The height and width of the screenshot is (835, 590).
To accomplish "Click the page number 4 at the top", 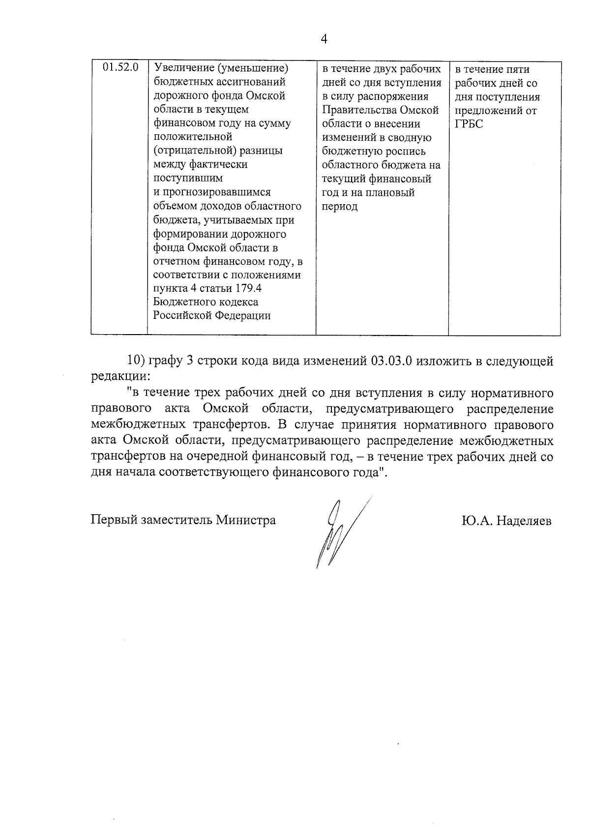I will click(x=324, y=39).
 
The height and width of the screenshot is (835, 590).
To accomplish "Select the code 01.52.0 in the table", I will click(x=120, y=67).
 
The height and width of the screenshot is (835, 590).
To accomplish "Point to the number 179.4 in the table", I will click(x=251, y=288).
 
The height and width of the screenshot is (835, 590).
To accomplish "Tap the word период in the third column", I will click(x=339, y=207).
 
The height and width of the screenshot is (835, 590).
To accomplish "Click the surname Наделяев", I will click(x=524, y=521).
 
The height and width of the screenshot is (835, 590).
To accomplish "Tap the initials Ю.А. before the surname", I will click(x=477, y=521).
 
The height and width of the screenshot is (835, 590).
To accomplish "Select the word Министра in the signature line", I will click(x=247, y=520).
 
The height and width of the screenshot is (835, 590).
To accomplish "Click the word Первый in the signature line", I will click(x=114, y=520).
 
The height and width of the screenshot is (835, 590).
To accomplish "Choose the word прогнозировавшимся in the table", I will click(x=217, y=192).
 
